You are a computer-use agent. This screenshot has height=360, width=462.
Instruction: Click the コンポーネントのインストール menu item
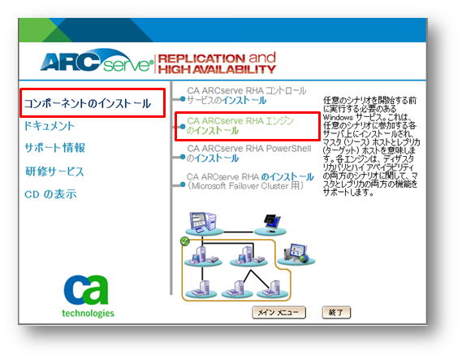click(x=87, y=103)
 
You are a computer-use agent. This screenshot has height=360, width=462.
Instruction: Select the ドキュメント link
click(x=50, y=126)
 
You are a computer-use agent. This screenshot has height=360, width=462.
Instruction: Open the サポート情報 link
click(x=54, y=148)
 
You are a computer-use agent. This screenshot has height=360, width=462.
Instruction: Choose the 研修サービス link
click(x=54, y=171)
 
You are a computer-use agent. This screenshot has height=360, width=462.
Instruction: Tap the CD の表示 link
click(x=50, y=194)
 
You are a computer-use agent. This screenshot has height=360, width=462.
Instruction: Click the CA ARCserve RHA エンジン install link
click(x=240, y=125)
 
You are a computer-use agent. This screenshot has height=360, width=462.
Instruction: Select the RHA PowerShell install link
click(x=249, y=153)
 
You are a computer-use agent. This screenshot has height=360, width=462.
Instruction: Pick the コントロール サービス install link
click(x=247, y=95)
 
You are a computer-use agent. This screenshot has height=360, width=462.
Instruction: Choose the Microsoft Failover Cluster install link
click(x=250, y=181)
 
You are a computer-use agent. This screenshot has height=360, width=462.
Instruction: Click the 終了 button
click(x=336, y=312)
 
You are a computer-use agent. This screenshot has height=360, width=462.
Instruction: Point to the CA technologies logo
click(x=88, y=296)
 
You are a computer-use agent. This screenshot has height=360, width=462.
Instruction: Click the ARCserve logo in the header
click(x=97, y=61)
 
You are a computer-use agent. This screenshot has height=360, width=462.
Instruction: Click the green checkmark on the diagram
click(x=185, y=241)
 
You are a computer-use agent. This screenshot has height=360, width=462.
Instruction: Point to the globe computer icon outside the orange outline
click(x=296, y=254)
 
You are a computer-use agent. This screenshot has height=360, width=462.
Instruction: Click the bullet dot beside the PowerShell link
click(x=183, y=157)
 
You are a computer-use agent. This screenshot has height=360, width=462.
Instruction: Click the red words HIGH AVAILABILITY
click(x=217, y=70)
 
